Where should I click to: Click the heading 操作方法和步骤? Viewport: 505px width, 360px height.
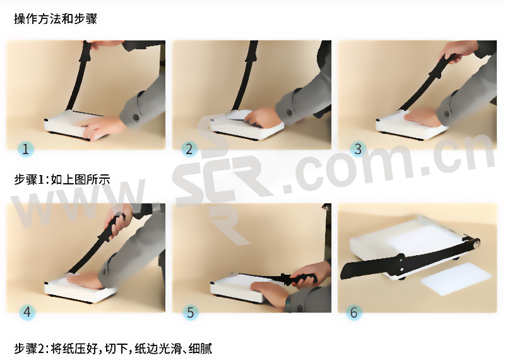pos(56,19)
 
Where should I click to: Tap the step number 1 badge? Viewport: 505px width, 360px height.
pos(26,149)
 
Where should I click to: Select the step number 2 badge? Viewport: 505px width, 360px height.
pos(189,149)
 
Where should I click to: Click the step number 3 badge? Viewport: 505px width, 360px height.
pos(358,149)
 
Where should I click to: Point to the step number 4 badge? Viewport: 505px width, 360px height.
pos(27,312)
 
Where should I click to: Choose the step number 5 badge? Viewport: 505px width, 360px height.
pos(191,312)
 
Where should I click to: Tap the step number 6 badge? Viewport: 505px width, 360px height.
pos(353,312)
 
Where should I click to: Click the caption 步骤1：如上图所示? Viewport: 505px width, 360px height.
pos(62,179)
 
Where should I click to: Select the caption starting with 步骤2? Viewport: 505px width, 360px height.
pos(113,349)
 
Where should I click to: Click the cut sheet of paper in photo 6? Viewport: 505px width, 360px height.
pos(456,278)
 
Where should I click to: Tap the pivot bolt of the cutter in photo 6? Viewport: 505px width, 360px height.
pos(476,243)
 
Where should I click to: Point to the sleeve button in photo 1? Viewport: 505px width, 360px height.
pos(136,117)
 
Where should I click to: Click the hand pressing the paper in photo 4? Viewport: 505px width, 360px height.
pos(85,280)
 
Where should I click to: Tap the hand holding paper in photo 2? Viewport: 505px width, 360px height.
pos(261,117)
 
